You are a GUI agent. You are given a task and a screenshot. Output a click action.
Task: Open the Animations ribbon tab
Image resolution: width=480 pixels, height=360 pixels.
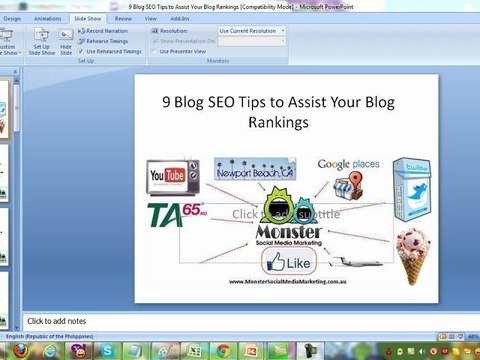pos(46,18)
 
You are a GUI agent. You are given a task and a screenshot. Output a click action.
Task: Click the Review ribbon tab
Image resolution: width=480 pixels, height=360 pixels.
pos(123,18)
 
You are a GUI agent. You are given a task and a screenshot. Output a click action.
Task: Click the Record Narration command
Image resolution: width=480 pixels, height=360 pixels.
pos(107,31)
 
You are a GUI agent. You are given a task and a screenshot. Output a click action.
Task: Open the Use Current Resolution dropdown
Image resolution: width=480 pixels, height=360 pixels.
pos(251,31)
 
